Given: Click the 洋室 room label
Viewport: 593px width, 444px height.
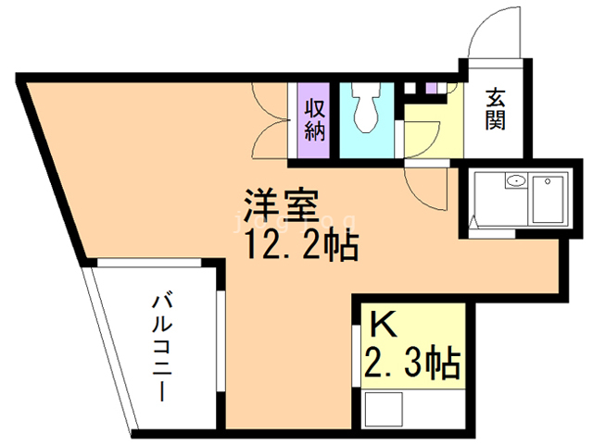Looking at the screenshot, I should click(x=282, y=203).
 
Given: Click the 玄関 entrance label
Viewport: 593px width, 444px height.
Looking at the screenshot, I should click(x=496, y=109).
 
